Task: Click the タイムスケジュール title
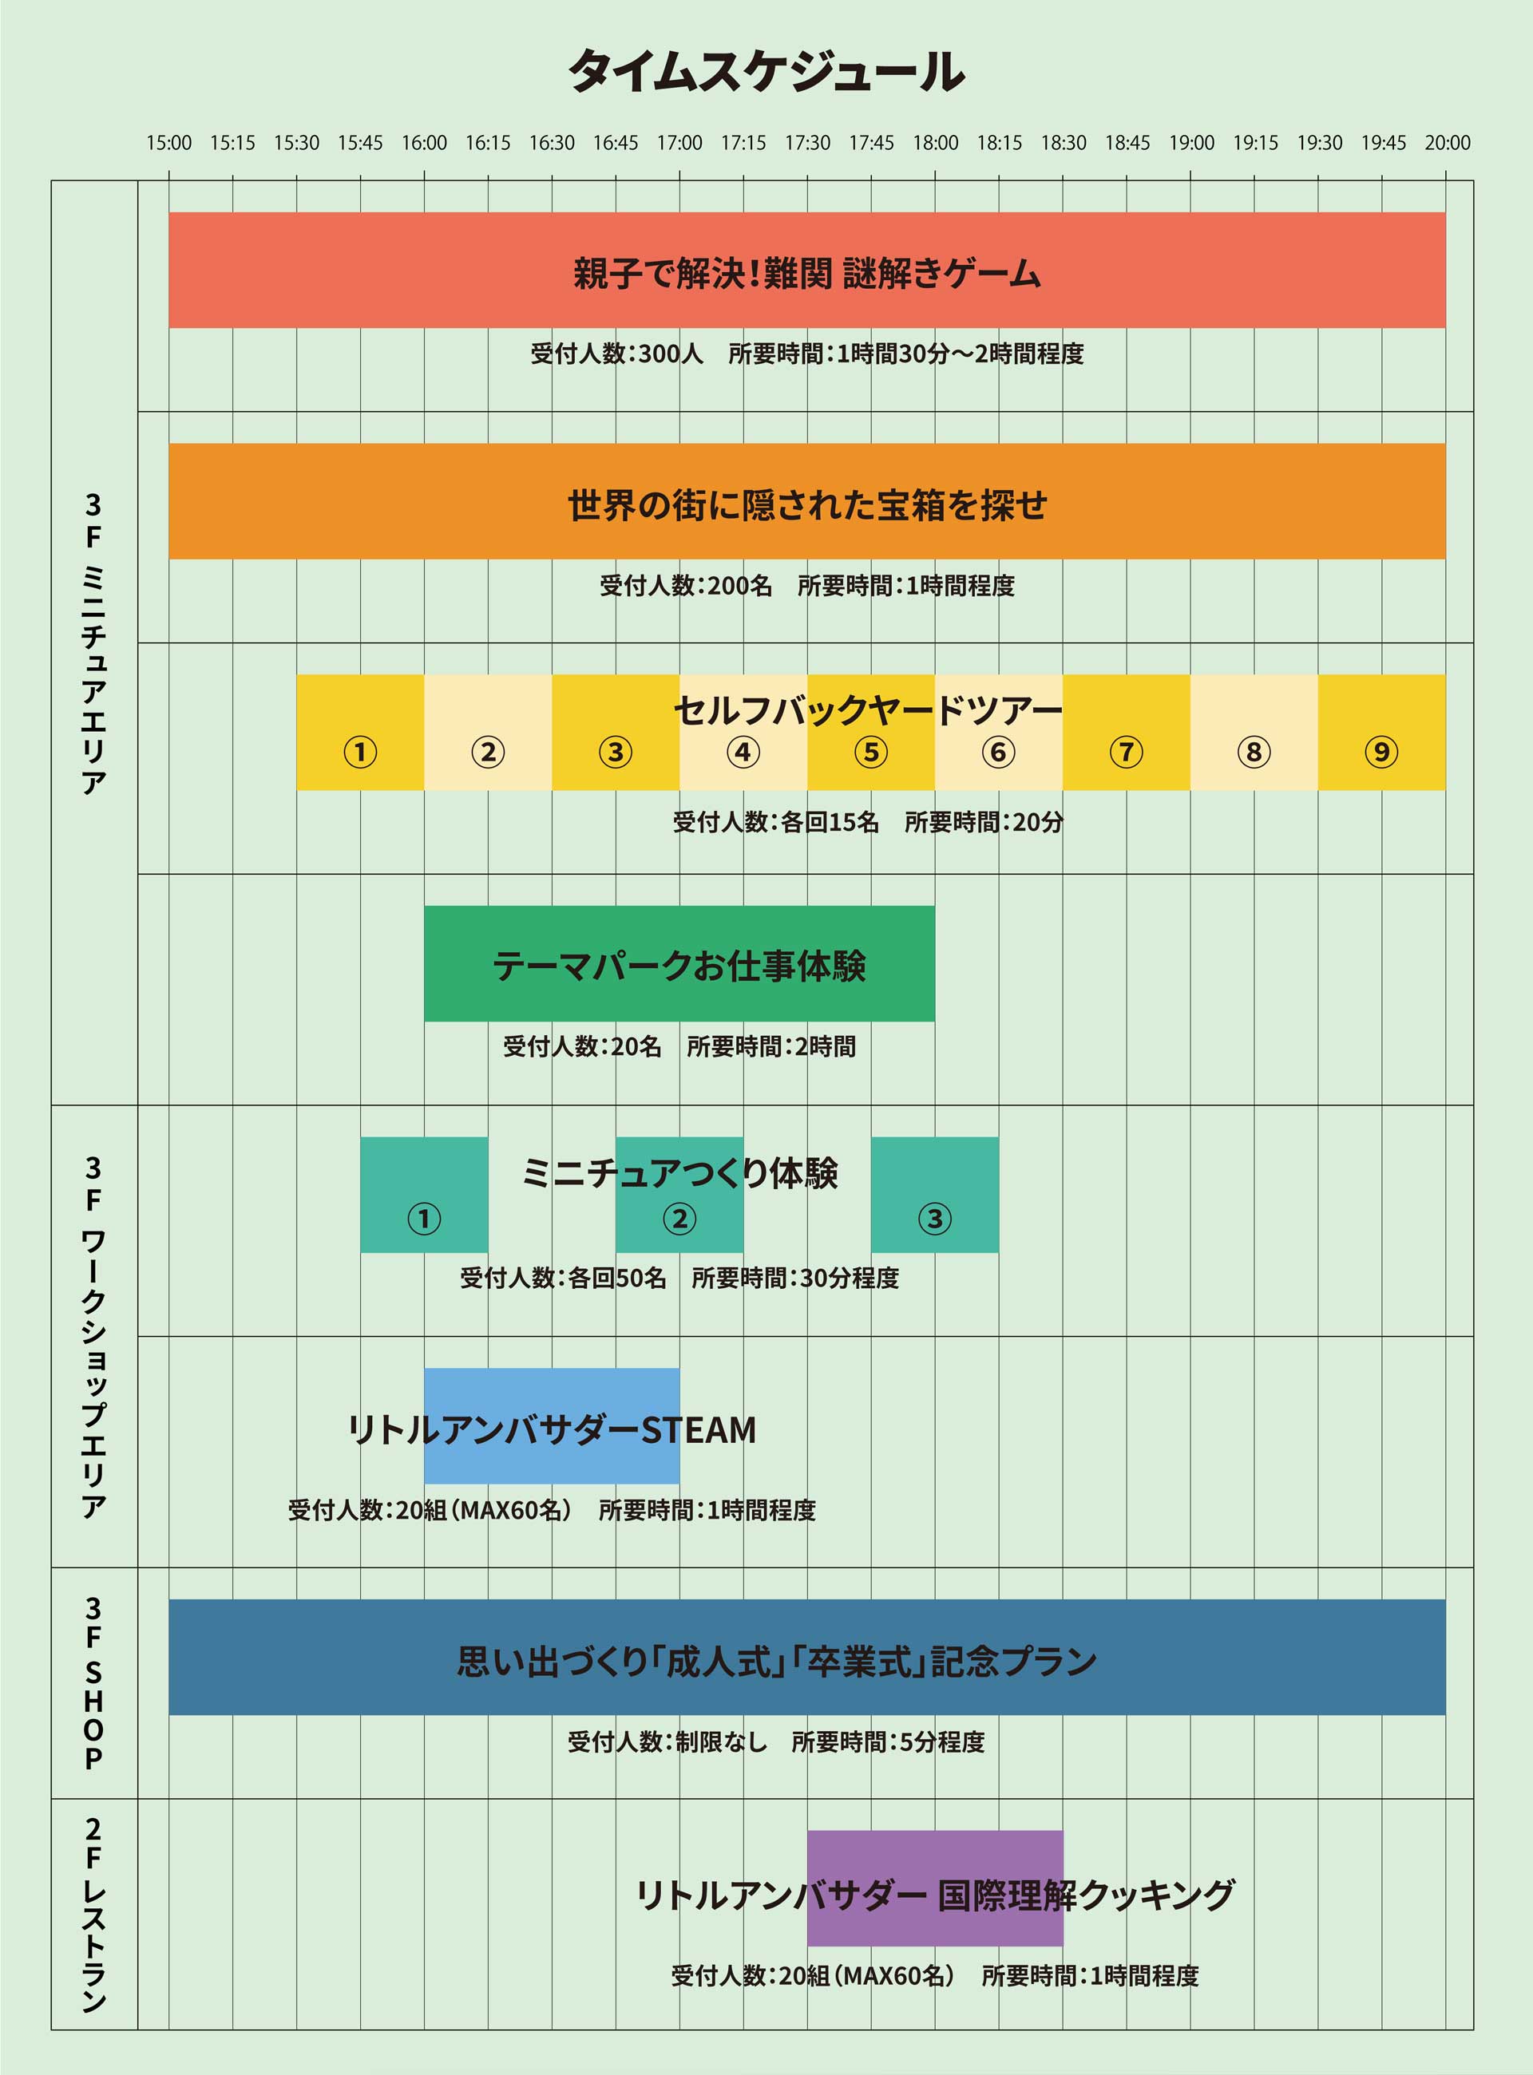[x=766, y=71]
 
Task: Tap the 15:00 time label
[x=169, y=143]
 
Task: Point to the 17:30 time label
[x=807, y=143]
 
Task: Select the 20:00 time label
[x=1448, y=143]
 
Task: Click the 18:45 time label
[x=1127, y=143]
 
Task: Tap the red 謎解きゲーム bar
[x=807, y=270]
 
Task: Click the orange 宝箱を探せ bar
[x=807, y=501]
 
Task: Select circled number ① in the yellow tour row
[x=360, y=751]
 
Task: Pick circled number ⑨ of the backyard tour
[x=1380, y=751]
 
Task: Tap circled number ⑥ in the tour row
[x=999, y=751]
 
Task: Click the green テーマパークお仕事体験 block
[x=679, y=964]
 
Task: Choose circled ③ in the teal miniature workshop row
[x=934, y=1218]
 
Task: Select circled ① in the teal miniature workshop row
[x=424, y=1218]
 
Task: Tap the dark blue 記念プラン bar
[x=807, y=1657]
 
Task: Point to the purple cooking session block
[x=934, y=1888]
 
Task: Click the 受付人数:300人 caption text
[x=617, y=354]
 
